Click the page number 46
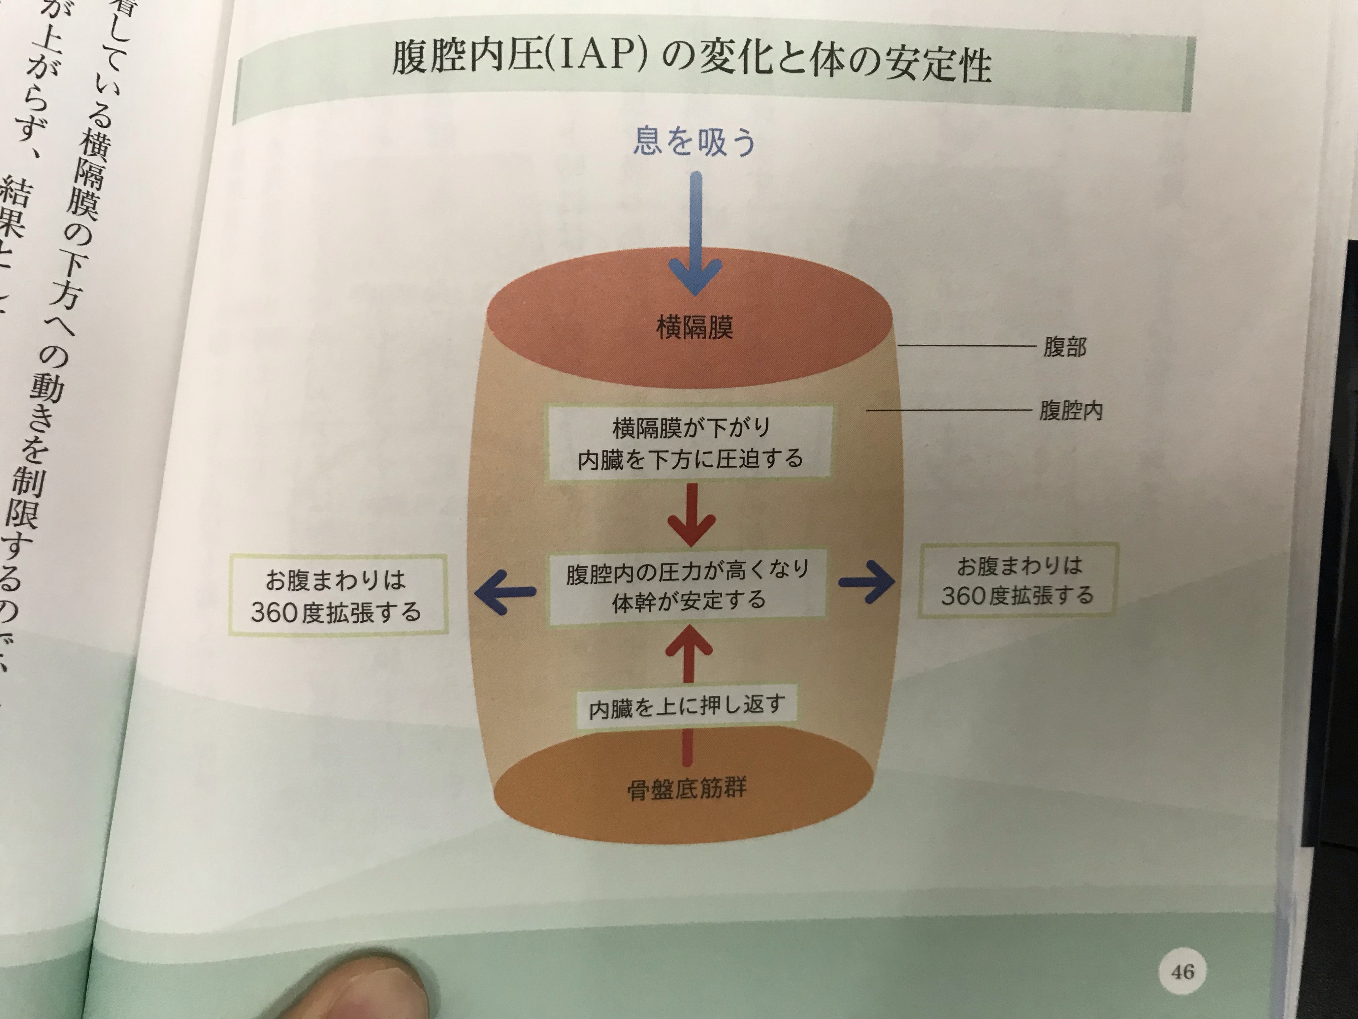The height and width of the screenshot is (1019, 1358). [x=1182, y=972]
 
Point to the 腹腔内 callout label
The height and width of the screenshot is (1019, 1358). [x=1071, y=410]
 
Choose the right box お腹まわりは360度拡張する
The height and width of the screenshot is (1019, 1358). [x=1017, y=581]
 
